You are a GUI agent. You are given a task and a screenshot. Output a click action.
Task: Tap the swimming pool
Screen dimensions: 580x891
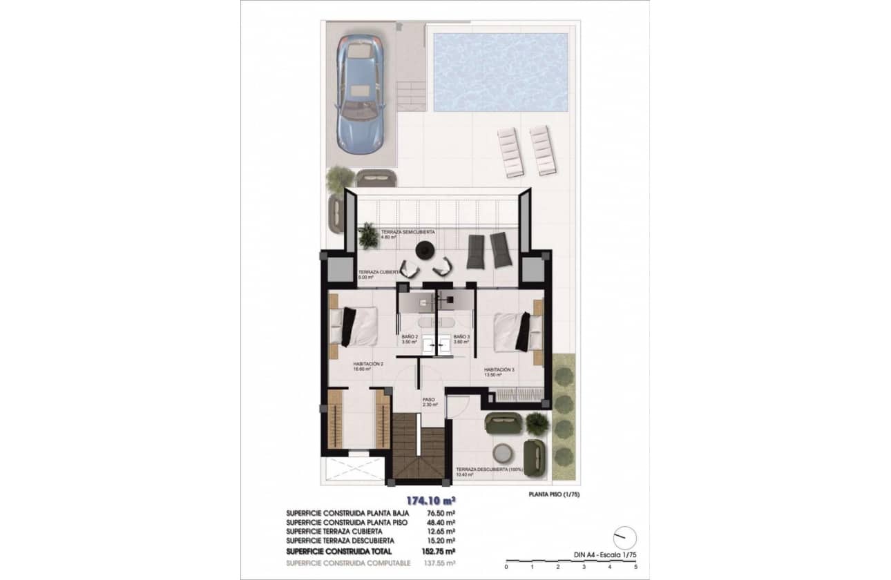(500, 72)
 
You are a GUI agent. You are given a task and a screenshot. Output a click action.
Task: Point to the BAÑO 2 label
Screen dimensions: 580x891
(410, 338)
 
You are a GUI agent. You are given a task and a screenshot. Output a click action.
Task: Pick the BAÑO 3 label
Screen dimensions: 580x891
(461, 338)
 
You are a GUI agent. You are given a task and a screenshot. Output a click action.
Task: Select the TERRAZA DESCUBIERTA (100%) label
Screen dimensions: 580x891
(489, 471)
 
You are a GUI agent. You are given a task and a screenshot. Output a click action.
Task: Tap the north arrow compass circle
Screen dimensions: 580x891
(624, 537)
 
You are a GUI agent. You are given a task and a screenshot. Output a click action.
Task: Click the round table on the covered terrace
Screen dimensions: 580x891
(425, 249)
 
